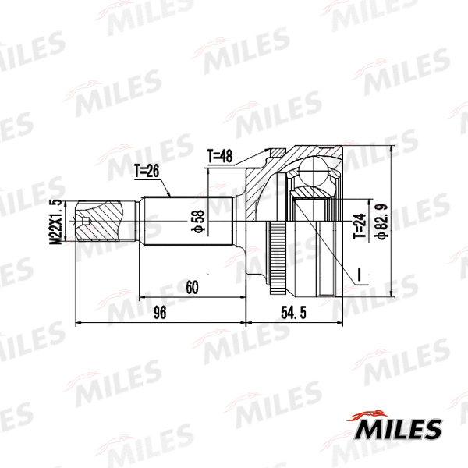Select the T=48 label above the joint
point(221,155)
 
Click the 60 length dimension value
point(192,287)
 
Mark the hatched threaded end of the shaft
point(101,223)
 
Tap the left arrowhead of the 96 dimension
point(79,321)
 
